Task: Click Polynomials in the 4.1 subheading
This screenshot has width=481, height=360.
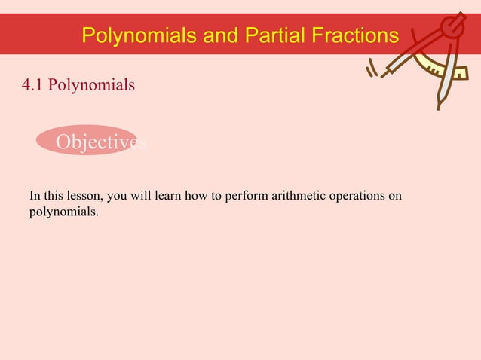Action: pyautogui.click(x=92, y=85)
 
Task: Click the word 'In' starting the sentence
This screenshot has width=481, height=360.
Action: pyautogui.click(x=35, y=197)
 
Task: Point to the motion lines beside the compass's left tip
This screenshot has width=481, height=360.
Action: pyautogui.click(x=371, y=70)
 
